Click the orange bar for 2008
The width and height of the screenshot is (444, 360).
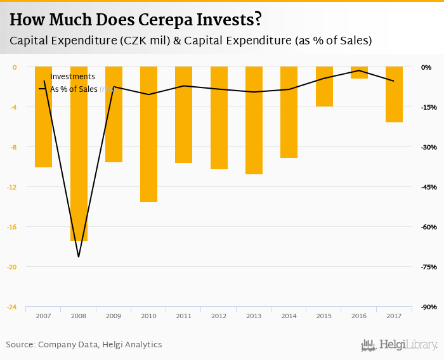point(79,153)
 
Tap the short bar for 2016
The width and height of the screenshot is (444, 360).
point(359,72)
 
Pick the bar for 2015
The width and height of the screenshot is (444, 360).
point(324,86)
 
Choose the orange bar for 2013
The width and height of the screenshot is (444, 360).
point(254,120)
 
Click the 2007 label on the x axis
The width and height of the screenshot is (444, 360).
point(44,316)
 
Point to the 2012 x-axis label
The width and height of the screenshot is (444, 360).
point(219,316)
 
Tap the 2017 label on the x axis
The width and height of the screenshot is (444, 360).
point(394,316)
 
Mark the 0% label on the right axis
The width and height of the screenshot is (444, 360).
point(426,67)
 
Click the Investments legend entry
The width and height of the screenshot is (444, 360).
point(72,77)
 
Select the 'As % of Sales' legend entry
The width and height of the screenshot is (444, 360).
point(74,89)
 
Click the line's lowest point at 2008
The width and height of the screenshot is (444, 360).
point(79,257)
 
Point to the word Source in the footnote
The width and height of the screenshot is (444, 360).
point(20,345)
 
